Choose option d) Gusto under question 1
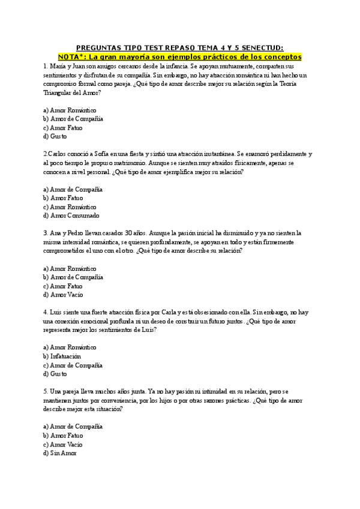point(55,136)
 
